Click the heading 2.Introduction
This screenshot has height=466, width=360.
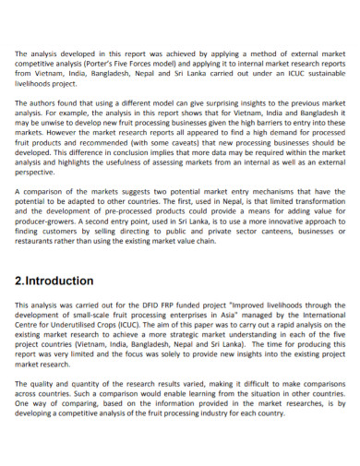(x=54, y=281)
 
